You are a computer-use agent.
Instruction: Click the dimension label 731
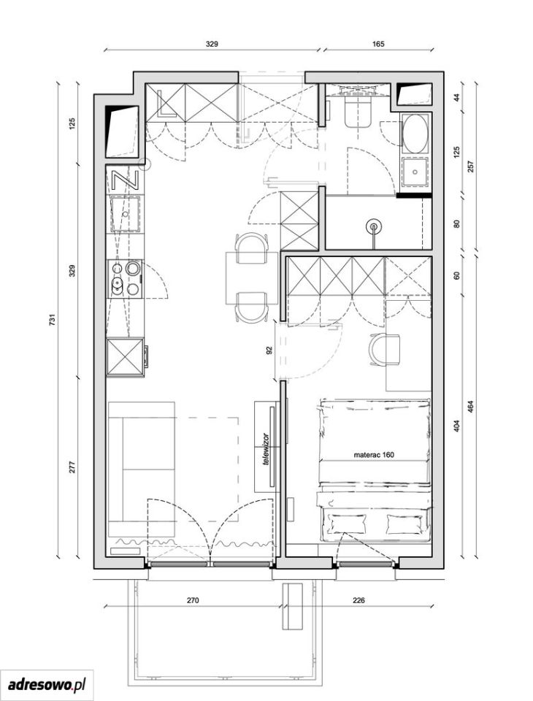pos(53,320)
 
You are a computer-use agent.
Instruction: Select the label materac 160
pos(374,455)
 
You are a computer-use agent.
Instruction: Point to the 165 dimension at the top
pos(377,44)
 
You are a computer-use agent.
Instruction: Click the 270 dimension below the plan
pos(193,600)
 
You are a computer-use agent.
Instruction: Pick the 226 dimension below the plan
pos(358,600)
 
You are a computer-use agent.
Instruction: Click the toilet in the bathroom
pos(358,112)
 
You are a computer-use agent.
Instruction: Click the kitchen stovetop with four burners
pos(125,279)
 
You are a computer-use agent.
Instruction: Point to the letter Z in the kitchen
pos(122,180)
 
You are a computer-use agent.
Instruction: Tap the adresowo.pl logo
pos(47,684)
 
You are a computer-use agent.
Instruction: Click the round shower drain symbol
pos(373,226)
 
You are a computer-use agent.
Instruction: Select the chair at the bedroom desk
pos(385,350)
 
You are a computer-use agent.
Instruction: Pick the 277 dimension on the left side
pos(73,467)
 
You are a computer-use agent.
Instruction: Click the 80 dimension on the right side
pos(456,223)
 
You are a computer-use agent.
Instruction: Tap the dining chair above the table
pos(251,248)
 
